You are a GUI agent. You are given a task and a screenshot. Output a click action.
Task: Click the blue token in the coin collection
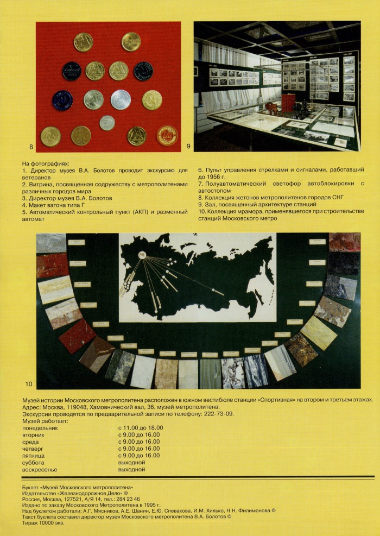click(62, 100)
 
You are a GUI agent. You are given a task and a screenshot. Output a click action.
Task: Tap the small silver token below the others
click(107, 123)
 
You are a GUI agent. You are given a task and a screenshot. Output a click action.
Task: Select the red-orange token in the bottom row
click(167, 135)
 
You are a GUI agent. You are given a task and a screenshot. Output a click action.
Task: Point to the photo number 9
click(188, 147)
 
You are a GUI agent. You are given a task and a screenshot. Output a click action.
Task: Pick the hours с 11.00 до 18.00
click(140, 428)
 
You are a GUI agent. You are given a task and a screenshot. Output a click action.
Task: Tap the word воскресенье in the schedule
click(40, 470)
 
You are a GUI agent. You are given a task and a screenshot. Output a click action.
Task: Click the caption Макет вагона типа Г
click(61, 205)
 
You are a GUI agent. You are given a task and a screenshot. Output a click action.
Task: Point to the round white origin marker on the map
click(142, 254)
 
